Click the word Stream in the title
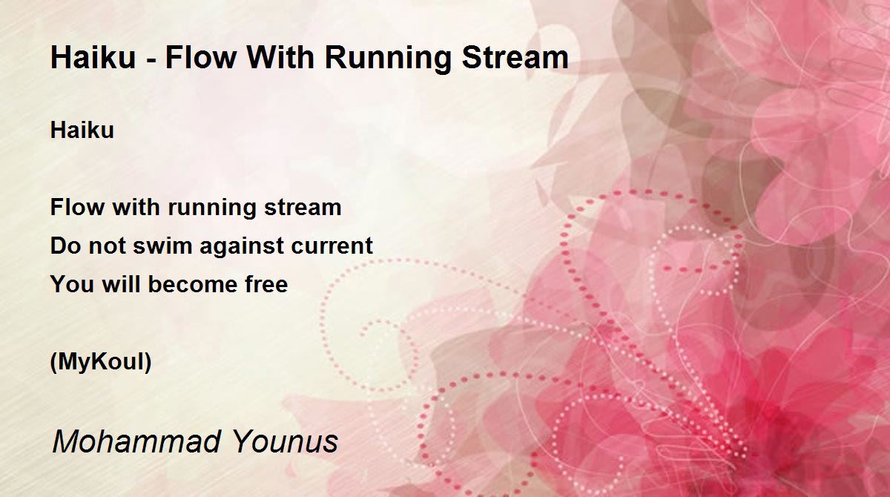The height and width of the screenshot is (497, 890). coord(515,57)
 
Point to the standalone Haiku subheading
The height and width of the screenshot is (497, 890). coord(82,130)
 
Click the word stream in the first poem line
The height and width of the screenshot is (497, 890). coord(303,208)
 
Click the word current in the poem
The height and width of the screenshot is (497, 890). coord(332,246)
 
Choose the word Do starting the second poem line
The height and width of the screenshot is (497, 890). coord(65,245)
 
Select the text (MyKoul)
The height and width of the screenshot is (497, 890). coord(101,362)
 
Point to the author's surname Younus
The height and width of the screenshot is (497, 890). coord(286,441)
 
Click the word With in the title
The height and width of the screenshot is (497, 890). coord(281,57)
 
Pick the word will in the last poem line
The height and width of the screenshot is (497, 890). coord(121,283)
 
